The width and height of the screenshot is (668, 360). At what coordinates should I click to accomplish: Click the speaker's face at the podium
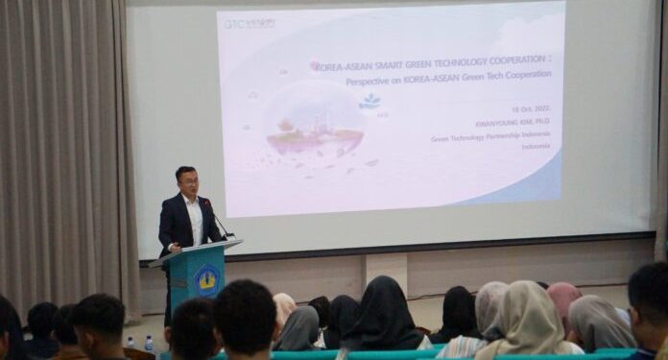[x=186, y=182]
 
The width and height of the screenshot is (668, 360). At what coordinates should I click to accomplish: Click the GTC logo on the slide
[x=249, y=23]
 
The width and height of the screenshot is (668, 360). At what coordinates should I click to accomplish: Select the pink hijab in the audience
[x=563, y=299]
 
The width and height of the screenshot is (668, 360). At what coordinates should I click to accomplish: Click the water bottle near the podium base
[x=149, y=343]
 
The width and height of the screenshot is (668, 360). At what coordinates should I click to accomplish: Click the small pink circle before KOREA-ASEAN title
[x=315, y=65]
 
